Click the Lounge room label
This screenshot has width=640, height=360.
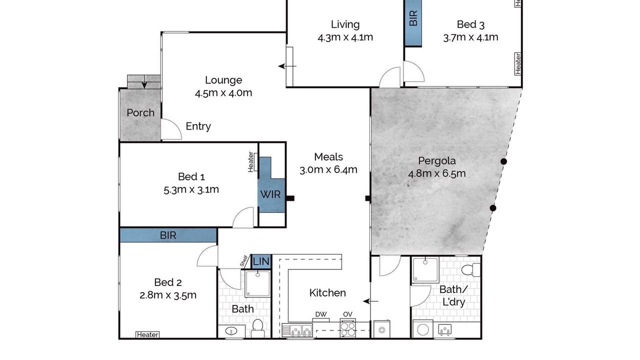pyautogui.click(x=223, y=80)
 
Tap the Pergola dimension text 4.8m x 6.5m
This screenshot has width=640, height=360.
pyautogui.click(x=437, y=173)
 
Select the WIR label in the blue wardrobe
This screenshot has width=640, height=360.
pyautogui.click(x=270, y=194)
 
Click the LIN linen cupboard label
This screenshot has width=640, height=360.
pyautogui.click(x=261, y=261)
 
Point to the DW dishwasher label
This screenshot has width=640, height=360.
pyautogui.click(x=321, y=314)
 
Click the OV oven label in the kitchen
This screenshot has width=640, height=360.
pyautogui.click(x=347, y=314)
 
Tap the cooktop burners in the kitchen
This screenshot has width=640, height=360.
pyautogui.click(x=348, y=329)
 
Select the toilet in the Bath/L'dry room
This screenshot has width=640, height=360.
pyautogui.click(x=471, y=269)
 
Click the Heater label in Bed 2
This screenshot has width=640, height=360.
pyautogui.click(x=147, y=334)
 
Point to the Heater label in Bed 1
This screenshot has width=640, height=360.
pyautogui.click(x=250, y=162)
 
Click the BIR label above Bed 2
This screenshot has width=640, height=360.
pyautogui.click(x=168, y=235)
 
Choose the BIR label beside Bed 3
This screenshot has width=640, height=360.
pyautogui.click(x=413, y=18)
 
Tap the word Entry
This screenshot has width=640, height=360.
pyautogui.click(x=198, y=126)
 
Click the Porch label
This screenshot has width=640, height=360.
pyautogui.click(x=140, y=113)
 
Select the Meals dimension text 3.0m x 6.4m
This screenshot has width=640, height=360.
pyautogui.click(x=328, y=169)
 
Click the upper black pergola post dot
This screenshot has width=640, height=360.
pyautogui.click(x=503, y=161)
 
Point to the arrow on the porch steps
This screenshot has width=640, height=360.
pyautogui.click(x=144, y=82)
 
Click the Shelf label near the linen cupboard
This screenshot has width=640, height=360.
pyautogui.click(x=243, y=261)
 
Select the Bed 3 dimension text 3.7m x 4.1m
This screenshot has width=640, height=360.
pyautogui.click(x=470, y=37)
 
